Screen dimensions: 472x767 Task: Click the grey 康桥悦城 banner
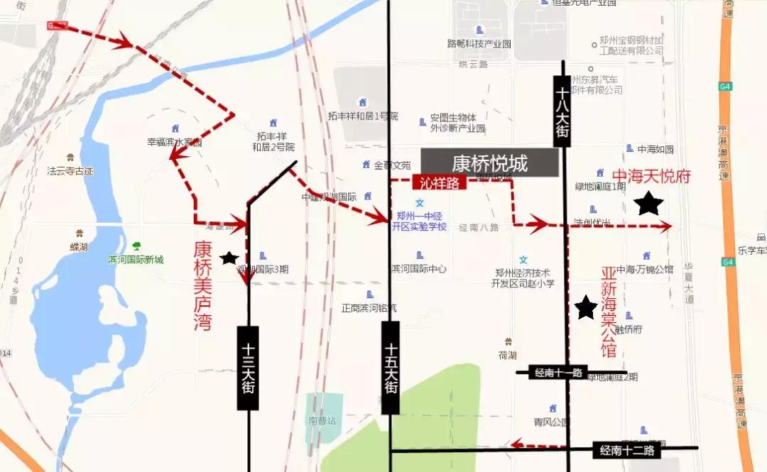pyautogui.click(x=489, y=163)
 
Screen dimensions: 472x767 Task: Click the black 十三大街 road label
pyautogui.click(x=248, y=368)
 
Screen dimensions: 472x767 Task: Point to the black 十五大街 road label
pyautogui.click(x=390, y=368)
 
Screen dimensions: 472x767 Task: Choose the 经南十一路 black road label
pyautogui.click(x=558, y=373)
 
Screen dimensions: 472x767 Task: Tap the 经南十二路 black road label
pyautogui.click(x=626, y=450)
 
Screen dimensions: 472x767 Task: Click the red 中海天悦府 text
pyautogui.click(x=651, y=176)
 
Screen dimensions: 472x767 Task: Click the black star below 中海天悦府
pyautogui.click(x=648, y=204)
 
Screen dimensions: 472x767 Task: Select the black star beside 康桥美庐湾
pyautogui.click(x=229, y=258)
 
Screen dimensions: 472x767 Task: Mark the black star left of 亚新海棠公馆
pyautogui.click(x=586, y=307)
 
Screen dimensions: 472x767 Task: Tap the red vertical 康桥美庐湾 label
pyautogui.click(x=203, y=285)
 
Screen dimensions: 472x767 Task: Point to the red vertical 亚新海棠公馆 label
pyautogui.click(x=609, y=312)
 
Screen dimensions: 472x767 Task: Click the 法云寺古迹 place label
pyautogui.click(x=70, y=171)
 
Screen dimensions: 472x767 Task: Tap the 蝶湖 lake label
pyautogui.click(x=79, y=246)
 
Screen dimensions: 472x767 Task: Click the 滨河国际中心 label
pyautogui.click(x=419, y=269)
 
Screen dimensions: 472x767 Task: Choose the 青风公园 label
pyautogui.click(x=552, y=422)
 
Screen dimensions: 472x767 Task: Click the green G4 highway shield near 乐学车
pyautogui.click(x=727, y=262)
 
